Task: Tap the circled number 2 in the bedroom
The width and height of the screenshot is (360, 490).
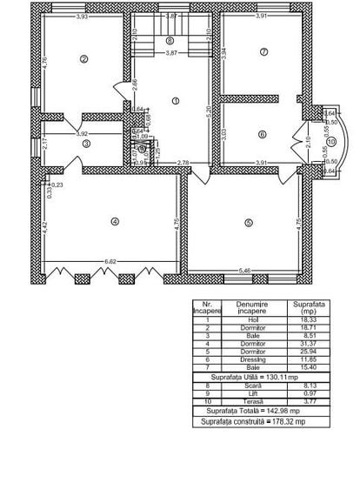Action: (x=83, y=59)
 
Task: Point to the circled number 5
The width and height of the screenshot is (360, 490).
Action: (x=248, y=223)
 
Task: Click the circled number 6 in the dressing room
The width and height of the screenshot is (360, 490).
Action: (x=262, y=134)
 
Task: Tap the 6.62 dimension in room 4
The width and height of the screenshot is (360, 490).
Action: (x=111, y=261)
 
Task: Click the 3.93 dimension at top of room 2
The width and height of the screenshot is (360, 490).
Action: (x=82, y=17)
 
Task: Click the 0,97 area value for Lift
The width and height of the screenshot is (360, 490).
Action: (x=308, y=393)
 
